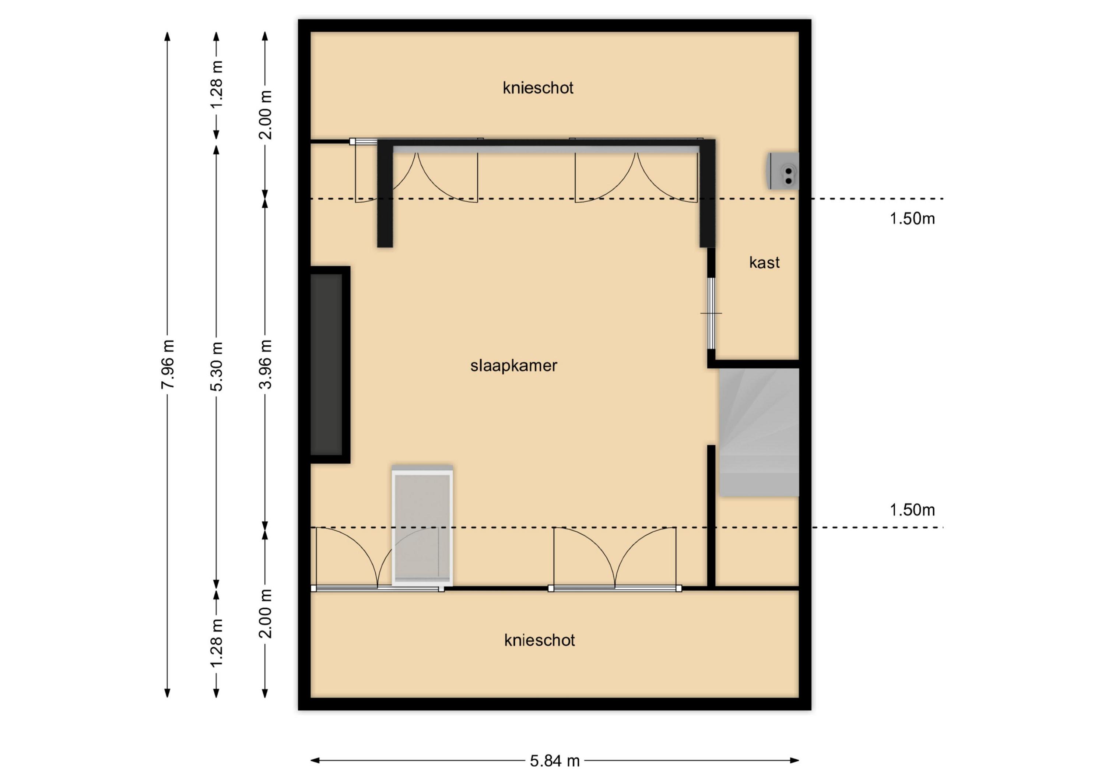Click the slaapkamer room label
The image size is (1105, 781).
click(x=513, y=366)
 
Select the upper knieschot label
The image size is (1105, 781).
click(x=538, y=88)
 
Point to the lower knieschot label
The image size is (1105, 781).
click(x=540, y=640)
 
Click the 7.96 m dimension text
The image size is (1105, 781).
click(x=168, y=364)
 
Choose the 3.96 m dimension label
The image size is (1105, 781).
click(x=265, y=364)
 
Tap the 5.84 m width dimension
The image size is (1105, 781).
click(x=555, y=761)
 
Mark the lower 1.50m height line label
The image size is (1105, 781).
click(x=912, y=510)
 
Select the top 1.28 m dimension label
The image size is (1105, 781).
click(x=217, y=85)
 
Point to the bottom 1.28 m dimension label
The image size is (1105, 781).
click(x=217, y=643)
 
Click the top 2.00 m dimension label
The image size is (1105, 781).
click(x=265, y=115)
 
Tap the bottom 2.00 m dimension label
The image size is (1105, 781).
click(x=265, y=613)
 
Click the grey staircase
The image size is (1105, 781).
click(x=759, y=432)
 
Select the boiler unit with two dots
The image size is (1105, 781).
click(x=783, y=171)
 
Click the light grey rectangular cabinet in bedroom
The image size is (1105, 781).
click(x=422, y=525)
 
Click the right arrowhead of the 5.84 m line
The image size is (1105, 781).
click(x=795, y=760)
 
